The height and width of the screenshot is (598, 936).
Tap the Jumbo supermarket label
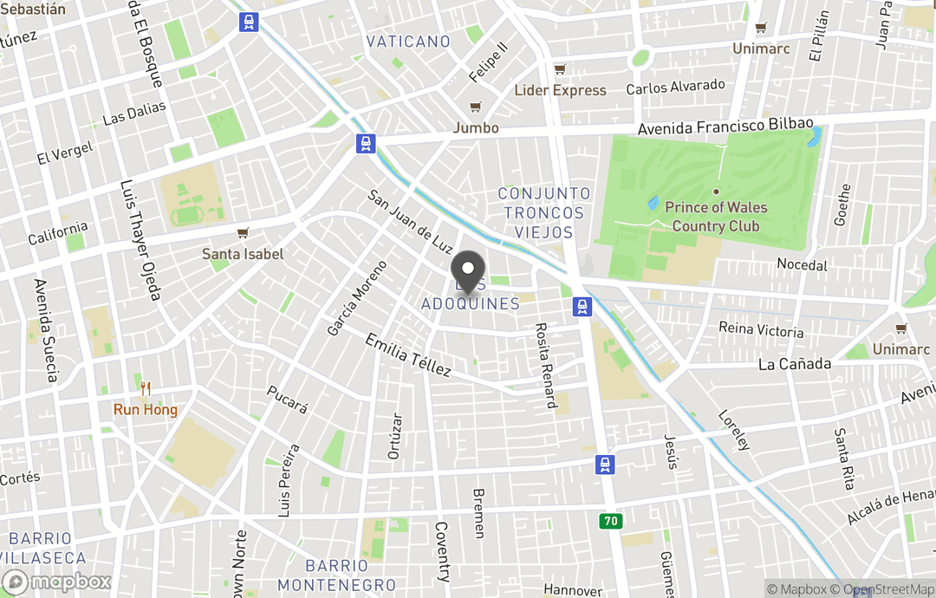(476, 127)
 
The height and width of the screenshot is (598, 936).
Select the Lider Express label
(560, 90)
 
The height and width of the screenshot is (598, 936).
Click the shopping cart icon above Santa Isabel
(243, 234)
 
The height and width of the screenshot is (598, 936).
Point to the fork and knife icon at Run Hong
(146, 389)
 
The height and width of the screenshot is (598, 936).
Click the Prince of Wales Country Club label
(716, 217)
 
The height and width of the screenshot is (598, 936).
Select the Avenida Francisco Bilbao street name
(713, 127)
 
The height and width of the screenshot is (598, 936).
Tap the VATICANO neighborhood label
(408, 42)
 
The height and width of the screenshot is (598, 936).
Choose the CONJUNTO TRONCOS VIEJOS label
(544, 213)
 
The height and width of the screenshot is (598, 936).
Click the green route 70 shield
(610, 521)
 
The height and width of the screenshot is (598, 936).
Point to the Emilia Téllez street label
(408, 355)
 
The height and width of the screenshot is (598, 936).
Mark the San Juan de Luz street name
(411, 222)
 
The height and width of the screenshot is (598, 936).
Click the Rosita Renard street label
(545, 365)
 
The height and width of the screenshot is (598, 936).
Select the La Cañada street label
(795, 363)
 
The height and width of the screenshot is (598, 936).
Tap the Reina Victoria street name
(761, 330)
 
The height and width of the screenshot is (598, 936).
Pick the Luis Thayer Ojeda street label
(140, 240)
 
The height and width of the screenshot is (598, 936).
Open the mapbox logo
(57, 582)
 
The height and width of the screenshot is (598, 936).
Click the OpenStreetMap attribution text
(882, 589)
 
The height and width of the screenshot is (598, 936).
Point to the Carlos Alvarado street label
(675, 88)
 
